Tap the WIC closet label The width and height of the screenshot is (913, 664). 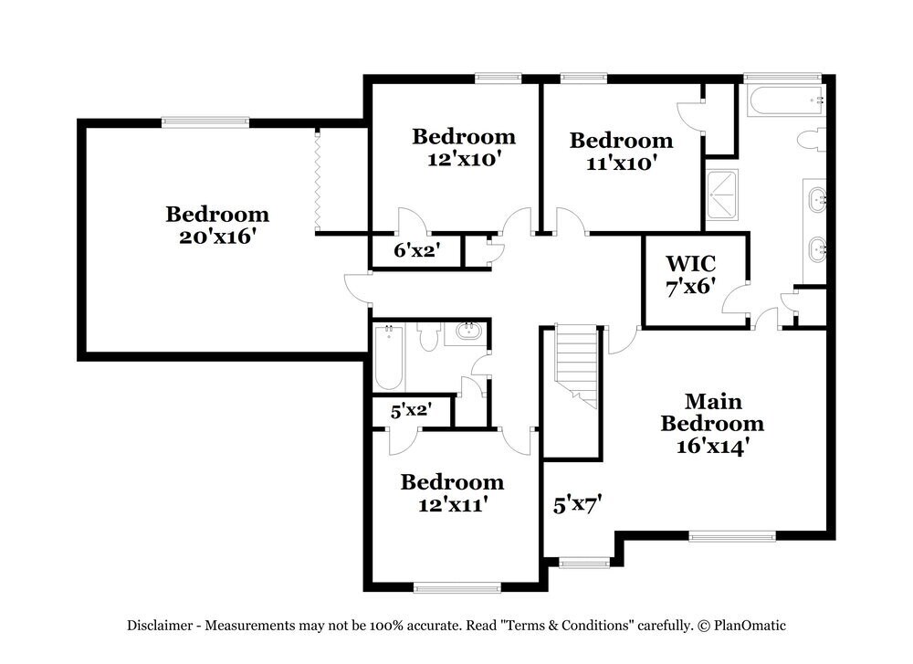coord(690,264)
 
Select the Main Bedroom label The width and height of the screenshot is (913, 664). coord(712,412)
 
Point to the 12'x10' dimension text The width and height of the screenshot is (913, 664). coord(464,158)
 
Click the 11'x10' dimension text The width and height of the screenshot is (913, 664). coord(621,163)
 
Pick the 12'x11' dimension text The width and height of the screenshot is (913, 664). coord(452,503)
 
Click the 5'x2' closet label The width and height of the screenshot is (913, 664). coord(410,411)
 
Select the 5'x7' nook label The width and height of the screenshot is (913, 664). coord(578,503)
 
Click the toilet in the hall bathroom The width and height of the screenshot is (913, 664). coord(428,338)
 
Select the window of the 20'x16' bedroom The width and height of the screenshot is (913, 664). coord(205,121)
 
